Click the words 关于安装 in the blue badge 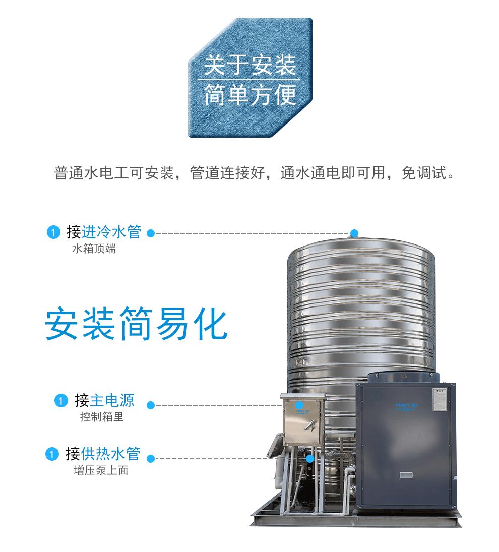pos(249,66)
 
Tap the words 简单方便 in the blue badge pos(249,96)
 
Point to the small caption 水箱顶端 pos(94,249)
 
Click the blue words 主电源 pos(112,401)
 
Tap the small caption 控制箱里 pos(101,417)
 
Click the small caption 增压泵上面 pos(100,471)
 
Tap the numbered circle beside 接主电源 pos(60,401)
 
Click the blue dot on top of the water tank pos(354,233)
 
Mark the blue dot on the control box pos(299,405)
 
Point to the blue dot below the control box pos(310,458)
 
